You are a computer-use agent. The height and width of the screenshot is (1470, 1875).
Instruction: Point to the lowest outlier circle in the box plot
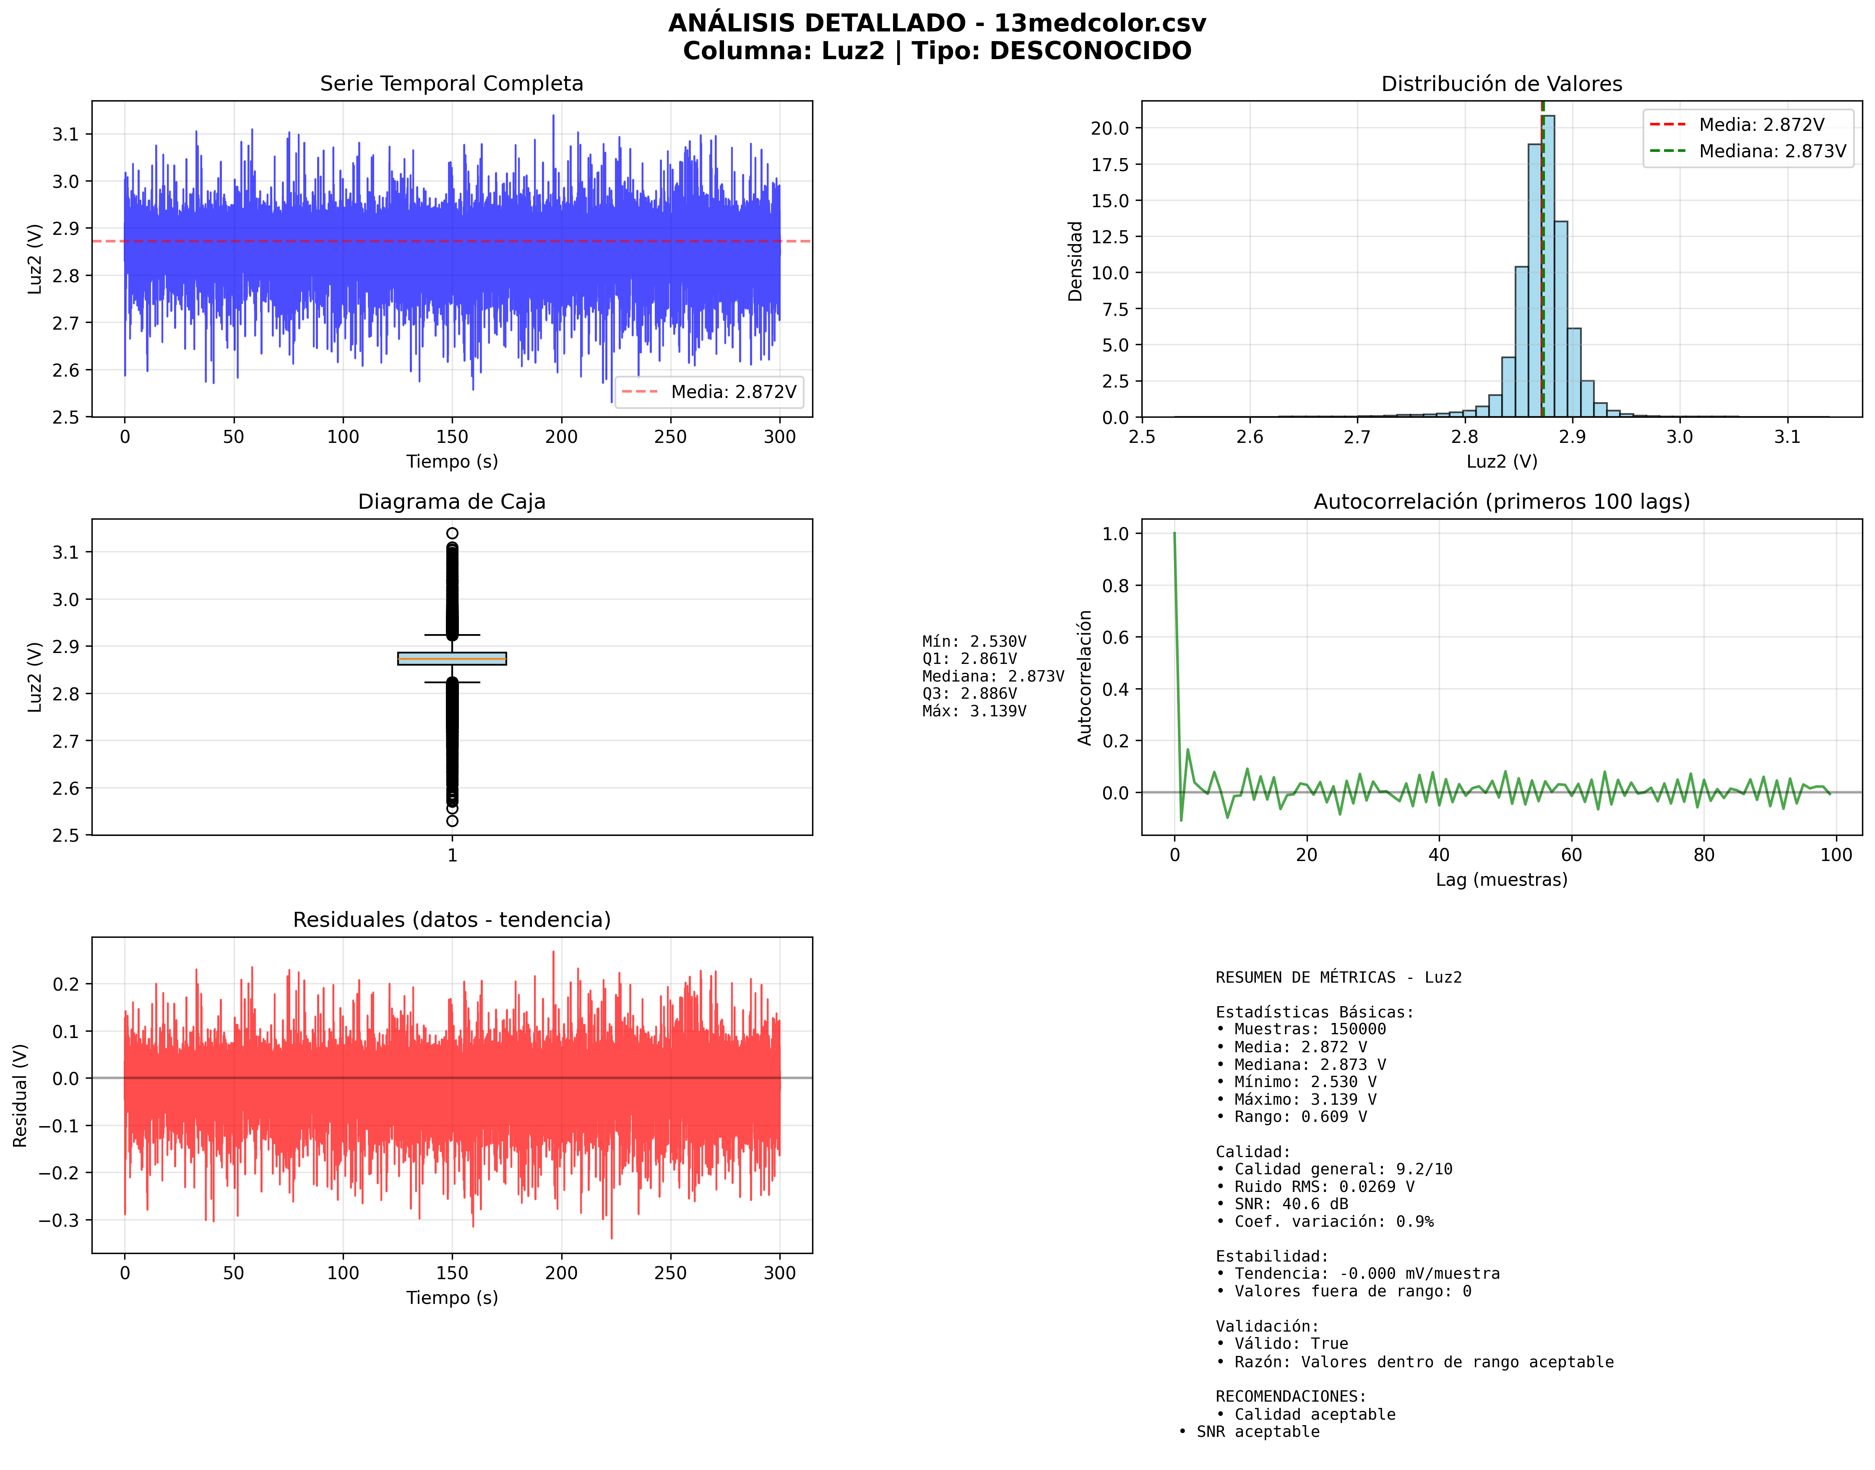coord(452,821)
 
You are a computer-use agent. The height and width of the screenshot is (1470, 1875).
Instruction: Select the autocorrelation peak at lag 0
coord(1174,534)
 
